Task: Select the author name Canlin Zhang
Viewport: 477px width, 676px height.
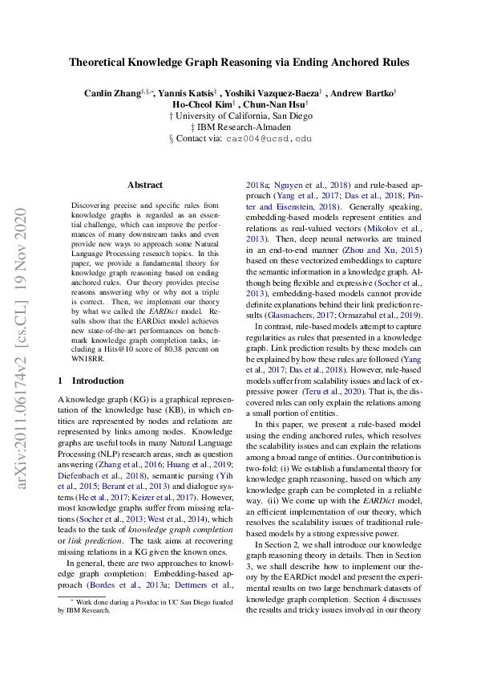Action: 112,93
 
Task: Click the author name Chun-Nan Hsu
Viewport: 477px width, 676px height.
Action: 273,104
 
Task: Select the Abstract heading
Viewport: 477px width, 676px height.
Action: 145,185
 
